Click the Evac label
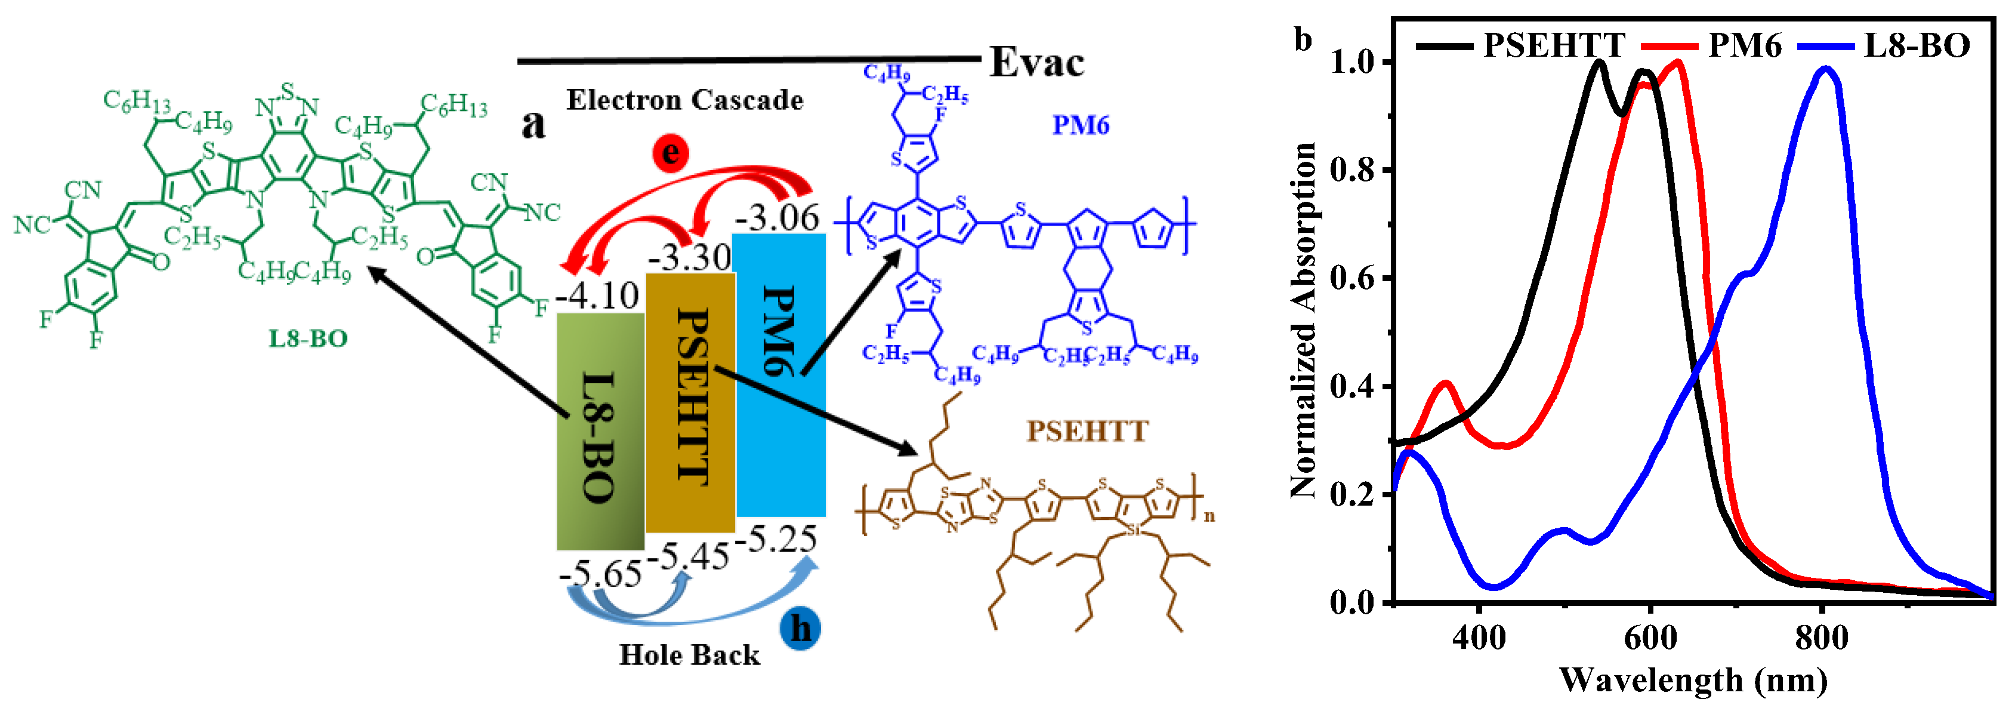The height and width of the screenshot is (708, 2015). pos(1036,63)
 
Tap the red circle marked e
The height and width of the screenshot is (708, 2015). pos(670,153)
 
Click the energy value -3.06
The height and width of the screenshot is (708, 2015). pos(777,217)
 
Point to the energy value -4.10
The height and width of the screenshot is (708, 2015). pos(598,295)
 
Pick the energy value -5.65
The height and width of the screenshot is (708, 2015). pos(601,574)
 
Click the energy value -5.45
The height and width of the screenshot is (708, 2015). pos(692,556)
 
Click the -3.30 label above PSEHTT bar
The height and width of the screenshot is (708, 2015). pos(690,257)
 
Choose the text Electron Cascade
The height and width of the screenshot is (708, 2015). pos(684,100)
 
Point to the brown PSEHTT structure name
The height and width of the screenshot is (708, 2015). pos(1087,431)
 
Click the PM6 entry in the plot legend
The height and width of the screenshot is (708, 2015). pos(1744,45)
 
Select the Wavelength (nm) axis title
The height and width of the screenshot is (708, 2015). pos(1693,680)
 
